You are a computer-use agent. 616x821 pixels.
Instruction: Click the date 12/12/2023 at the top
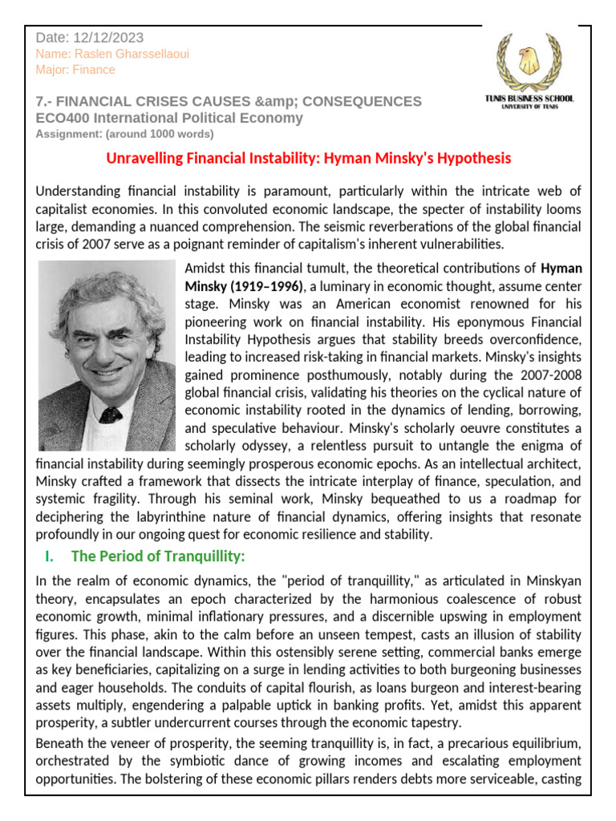pyautogui.click(x=109, y=38)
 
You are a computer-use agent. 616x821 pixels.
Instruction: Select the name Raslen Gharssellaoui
pyautogui.click(x=113, y=54)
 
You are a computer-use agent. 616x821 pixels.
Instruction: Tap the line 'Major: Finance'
pyautogui.click(x=75, y=70)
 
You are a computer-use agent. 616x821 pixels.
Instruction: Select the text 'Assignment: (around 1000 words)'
pyautogui.click(x=125, y=133)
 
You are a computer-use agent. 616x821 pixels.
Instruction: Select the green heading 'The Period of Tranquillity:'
pyautogui.click(x=158, y=556)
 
